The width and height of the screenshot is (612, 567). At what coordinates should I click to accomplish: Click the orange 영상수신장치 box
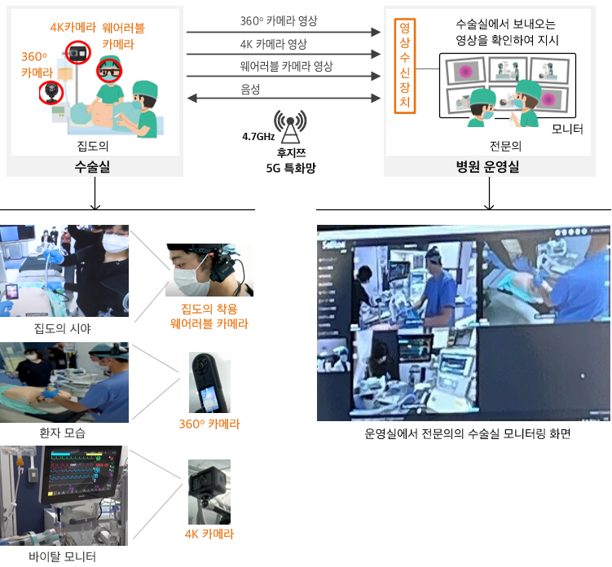pyautogui.click(x=405, y=66)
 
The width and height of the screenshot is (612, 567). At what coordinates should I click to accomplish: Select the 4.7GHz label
pyautogui.click(x=258, y=137)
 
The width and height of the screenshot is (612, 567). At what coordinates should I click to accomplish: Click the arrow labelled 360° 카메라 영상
pyautogui.click(x=284, y=32)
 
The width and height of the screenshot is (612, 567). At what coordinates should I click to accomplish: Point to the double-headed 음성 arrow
pyautogui.click(x=284, y=98)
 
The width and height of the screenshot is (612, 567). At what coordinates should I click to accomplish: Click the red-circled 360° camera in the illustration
pyautogui.click(x=51, y=93)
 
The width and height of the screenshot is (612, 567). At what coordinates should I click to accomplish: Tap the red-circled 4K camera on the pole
pyautogui.click(x=77, y=52)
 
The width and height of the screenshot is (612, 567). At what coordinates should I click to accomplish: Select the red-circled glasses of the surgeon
pyautogui.click(x=109, y=71)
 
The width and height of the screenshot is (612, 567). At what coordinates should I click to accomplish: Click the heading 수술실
pyautogui.click(x=93, y=167)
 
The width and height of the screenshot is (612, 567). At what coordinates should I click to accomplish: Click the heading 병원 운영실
pyautogui.click(x=488, y=167)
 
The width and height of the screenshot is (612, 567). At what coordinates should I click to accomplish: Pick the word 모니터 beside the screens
pyautogui.click(x=567, y=130)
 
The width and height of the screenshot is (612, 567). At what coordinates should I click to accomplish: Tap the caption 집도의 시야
pyautogui.click(x=63, y=328)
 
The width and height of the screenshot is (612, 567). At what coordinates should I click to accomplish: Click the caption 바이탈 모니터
pyautogui.click(x=63, y=556)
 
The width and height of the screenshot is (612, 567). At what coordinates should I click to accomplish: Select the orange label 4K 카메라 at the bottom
pyautogui.click(x=209, y=534)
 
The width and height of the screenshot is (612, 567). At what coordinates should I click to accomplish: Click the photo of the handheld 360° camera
pyautogui.click(x=209, y=382)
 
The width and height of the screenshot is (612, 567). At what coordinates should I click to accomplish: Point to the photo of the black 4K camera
pyautogui.click(x=209, y=492)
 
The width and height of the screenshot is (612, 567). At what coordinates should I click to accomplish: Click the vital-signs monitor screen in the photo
pyautogui.click(x=81, y=471)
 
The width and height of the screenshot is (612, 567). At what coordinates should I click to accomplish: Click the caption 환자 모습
pyautogui.click(x=63, y=433)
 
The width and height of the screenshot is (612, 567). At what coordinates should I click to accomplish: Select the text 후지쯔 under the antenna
pyautogui.click(x=291, y=152)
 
